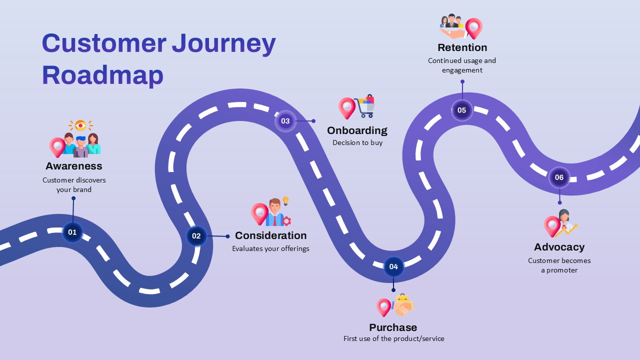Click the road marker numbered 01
[x=72, y=232]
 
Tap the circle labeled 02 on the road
[x=196, y=236]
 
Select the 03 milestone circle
[x=285, y=121]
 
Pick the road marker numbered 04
[x=393, y=266]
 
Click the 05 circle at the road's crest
[x=461, y=110]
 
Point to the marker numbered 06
[x=559, y=177]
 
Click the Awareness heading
[x=74, y=166]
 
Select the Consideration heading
[x=270, y=235]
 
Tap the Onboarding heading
[x=357, y=130]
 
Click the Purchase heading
[x=393, y=327]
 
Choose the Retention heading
[x=462, y=47]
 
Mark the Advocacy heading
[x=559, y=247]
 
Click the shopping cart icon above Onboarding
[x=365, y=106]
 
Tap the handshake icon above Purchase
[x=402, y=306]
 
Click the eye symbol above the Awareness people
[x=80, y=125]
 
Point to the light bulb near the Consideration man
[x=286, y=201]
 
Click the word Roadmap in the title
[x=102, y=75]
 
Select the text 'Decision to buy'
[x=357, y=143]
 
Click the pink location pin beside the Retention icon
[x=473, y=27]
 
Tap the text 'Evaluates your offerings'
[x=270, y=249]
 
